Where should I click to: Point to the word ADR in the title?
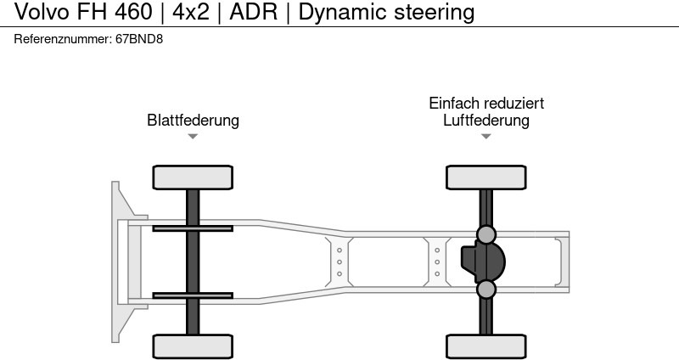click(x=252, y=12)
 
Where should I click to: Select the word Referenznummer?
click(x=63, y=40)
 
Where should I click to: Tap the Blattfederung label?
click(x=193, y=120)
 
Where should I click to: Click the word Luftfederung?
click(x=486, y=120)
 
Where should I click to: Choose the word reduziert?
click(x=513, y=103)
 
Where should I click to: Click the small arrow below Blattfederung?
click(x=193, y=136)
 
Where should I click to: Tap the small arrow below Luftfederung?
click(x=486, y=136)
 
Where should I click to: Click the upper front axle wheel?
click(x=193, y=177)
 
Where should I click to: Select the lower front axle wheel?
click(x=193, y=346)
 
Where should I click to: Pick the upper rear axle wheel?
click(x=486, y=177)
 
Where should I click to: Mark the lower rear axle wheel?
click(x=486, y=346)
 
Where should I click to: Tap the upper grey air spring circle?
click(x=486, y=234)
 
